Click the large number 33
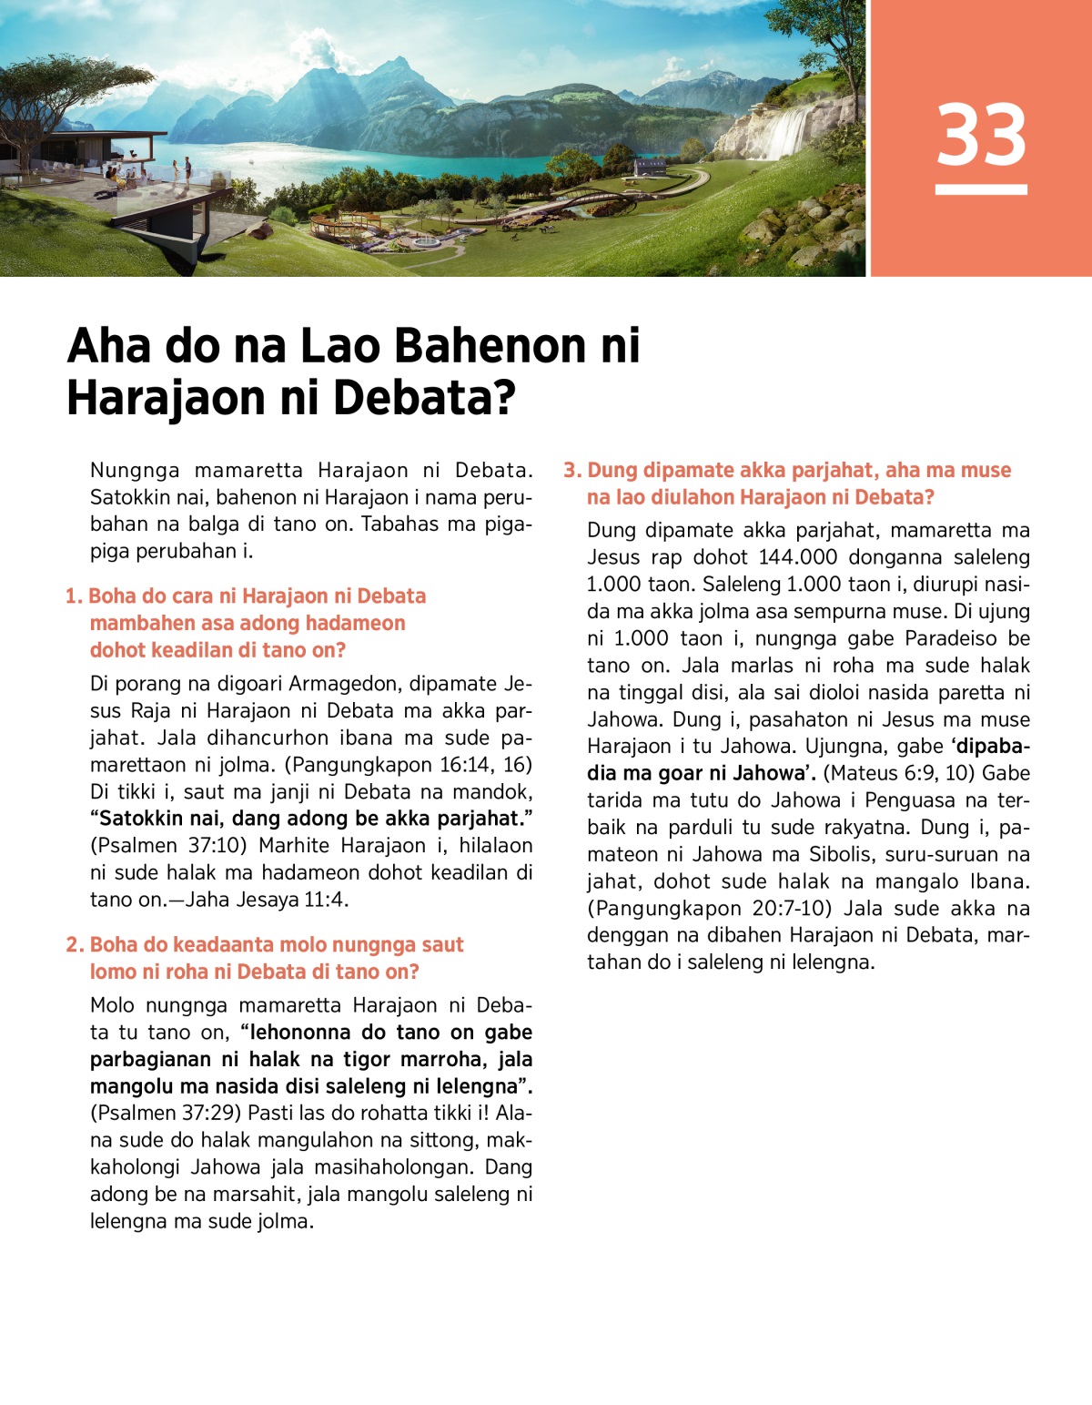[981, 135]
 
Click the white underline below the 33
[981, 189]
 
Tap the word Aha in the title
[108, 346]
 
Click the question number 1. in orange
[75, 596]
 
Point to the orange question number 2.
[75, 945]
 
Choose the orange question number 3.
[572, 471]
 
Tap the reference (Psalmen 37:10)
[168, 846]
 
